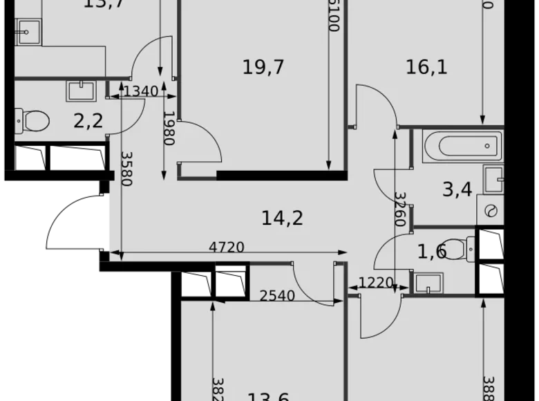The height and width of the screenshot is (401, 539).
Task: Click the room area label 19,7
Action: tap(264, 67)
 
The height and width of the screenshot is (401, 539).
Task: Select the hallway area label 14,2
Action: tap(283, 218)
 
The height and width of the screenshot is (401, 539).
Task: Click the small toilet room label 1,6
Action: tap(432, 252)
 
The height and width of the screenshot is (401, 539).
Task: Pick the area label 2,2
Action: tap(88, 121)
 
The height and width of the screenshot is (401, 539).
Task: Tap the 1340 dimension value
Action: tap(140, 91)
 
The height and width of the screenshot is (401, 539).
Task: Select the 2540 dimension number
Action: tap(277, 296)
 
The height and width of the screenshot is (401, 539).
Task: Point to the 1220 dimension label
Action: tap(375, 282)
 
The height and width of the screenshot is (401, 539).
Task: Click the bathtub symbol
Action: tap(459, 146)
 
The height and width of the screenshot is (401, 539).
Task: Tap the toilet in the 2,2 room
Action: tap(31, 120)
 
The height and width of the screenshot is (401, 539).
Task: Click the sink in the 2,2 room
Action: tap(82, 90)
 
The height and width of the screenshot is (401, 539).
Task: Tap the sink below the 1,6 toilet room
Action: tap(427, 281)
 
